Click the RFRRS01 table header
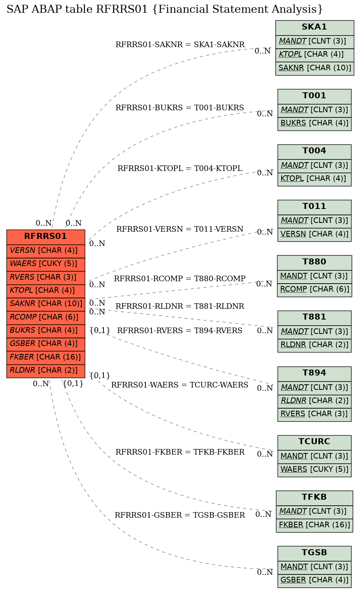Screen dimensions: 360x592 coord(46,237)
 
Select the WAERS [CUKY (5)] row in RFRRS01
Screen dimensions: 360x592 coord(46,264)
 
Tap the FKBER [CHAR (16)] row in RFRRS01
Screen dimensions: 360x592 coord(46,358)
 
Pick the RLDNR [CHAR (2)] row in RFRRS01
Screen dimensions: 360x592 coord(46,371)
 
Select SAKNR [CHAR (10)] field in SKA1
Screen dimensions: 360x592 coord(314,68)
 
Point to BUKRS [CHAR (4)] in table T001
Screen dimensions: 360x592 coord(314,124)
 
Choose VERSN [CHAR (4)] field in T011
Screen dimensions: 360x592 coord(314,235)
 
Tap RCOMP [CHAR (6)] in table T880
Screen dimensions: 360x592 coord(314,290)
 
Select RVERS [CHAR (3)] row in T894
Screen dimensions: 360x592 coord(314,415)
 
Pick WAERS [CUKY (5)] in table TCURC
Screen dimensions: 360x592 coord(314,470)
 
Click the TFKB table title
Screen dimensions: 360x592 coord(314,498)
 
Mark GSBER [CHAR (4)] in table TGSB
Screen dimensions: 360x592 coord(314,581)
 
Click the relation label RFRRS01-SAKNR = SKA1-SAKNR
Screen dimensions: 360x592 coord(180,44)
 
